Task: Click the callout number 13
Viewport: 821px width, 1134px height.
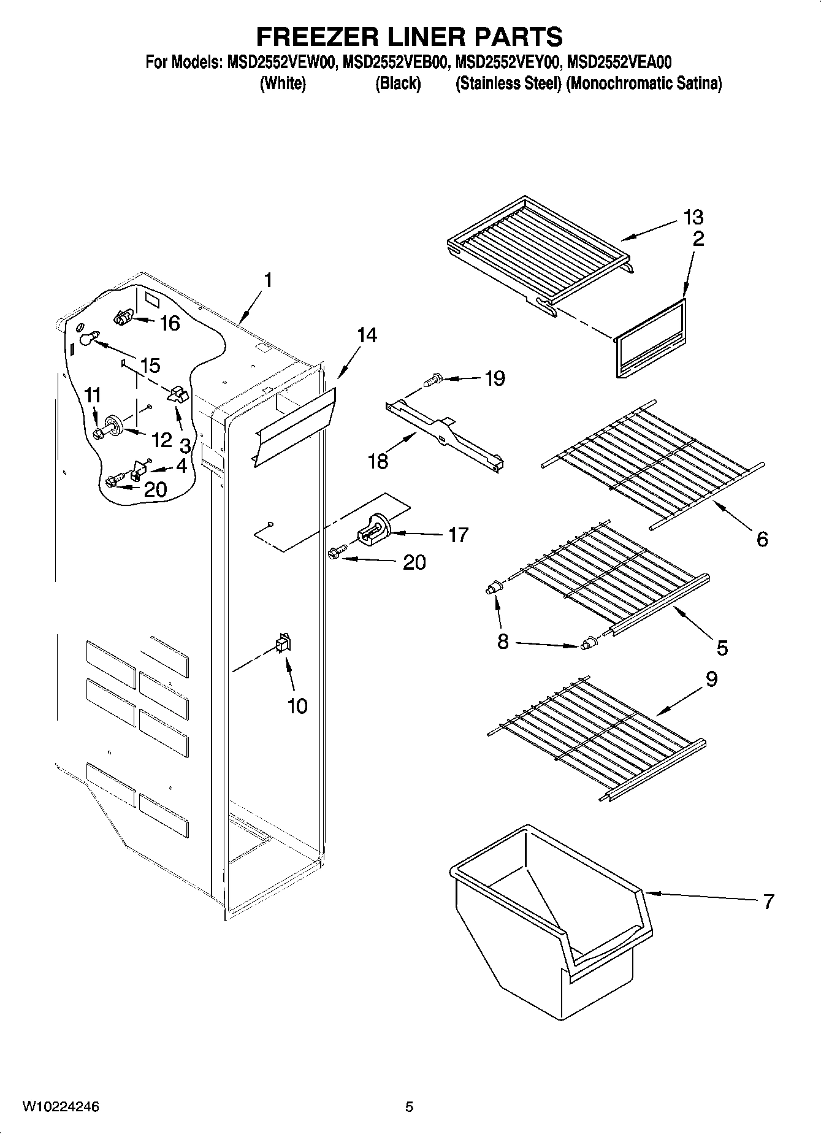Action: coord(693,217)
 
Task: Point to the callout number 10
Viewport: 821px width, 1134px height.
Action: coord(297,706)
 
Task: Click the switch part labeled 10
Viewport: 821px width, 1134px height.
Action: coord(284,643)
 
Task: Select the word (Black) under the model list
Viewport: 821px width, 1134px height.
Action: coord(398,83)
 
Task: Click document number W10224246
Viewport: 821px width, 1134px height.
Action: coord(61,1106)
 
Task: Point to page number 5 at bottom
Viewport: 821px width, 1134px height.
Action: coord(410,1106)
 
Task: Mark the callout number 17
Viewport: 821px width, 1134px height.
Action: coord(458,535)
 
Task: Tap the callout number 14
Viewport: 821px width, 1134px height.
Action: coord(367,335)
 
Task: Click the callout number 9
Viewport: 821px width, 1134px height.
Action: coord(711,680)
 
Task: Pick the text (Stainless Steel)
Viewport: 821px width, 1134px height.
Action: coord(508,83)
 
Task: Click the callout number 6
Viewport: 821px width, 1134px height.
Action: coord(762,539)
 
